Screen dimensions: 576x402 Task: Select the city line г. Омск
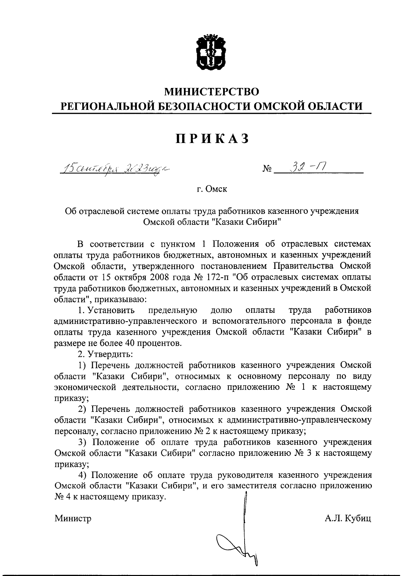212,189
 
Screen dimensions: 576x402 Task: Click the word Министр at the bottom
73,519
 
